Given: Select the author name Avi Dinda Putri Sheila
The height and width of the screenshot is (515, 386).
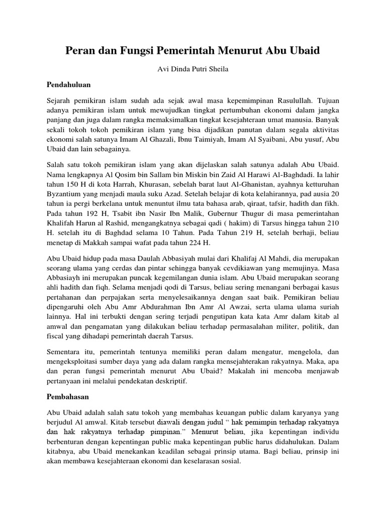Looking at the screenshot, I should [x=192, y=69].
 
